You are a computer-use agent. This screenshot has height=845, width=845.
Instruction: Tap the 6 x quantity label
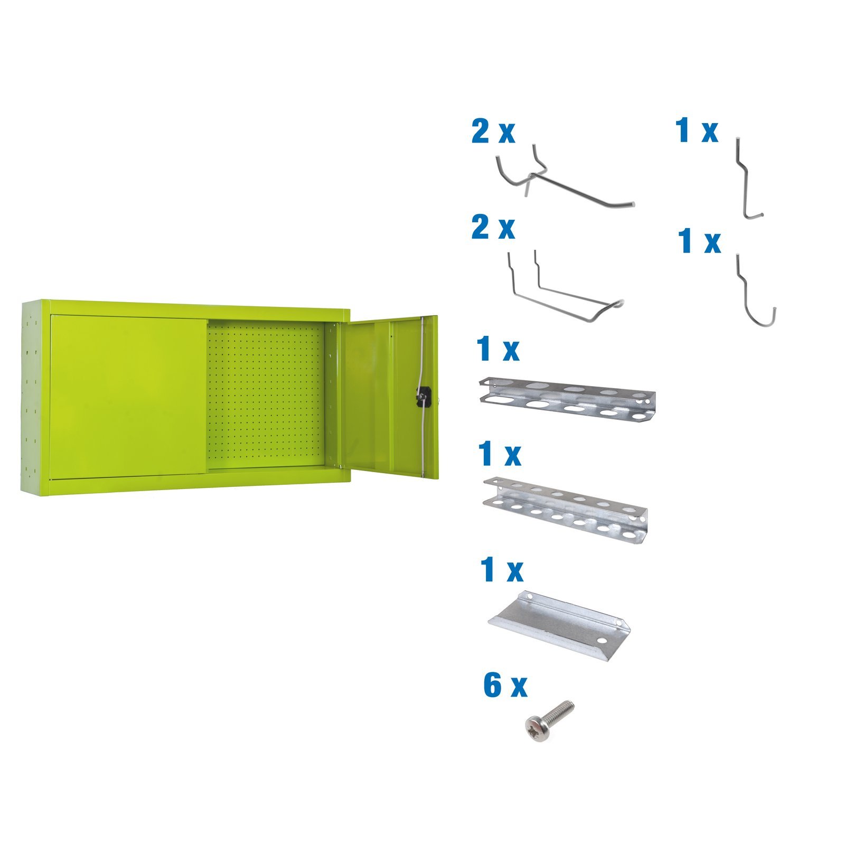point(505,686)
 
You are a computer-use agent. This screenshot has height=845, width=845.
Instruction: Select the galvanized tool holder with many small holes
point(565,510)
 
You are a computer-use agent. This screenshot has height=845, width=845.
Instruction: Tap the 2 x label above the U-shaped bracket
point(493,228)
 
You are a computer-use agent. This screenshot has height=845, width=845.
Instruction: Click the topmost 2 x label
point(493,132)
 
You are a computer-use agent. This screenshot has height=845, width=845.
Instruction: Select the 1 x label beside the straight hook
point(697,130)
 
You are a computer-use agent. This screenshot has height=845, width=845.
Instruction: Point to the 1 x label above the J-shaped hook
point(699,241)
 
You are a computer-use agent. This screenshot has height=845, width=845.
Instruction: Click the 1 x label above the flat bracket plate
point(501,570)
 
